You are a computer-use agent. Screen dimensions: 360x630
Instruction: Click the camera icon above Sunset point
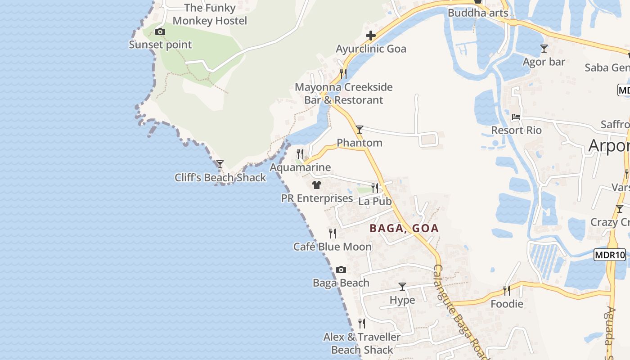coord(160,31)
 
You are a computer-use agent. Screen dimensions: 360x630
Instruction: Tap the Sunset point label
coord(160,45)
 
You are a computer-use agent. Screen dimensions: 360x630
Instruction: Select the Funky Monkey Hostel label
coord(210,14)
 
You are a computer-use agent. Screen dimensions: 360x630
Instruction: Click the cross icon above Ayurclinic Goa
coord(371,36)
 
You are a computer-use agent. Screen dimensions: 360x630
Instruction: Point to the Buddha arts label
coord(477,13)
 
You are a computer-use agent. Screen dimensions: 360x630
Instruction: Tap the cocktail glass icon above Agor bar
coord(544,49)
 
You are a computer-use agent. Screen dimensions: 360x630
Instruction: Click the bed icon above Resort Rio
coord(516,117)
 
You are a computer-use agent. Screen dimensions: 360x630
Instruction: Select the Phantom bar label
coord(360,143)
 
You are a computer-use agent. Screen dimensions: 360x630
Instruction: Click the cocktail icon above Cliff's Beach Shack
coord(220,164)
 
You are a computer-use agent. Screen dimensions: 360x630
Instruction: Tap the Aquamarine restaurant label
coord(300,167)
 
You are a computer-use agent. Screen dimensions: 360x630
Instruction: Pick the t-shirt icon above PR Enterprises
coord(317,185)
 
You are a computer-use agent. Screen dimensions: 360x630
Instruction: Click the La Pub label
coord(375,201)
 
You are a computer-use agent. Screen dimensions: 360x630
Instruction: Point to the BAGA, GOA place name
coord(404,228)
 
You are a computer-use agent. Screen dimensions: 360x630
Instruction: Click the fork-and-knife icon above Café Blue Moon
coord(333,233)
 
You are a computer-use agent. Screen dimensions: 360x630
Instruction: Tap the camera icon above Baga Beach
coord(341,270)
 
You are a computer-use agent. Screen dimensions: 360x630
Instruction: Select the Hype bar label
coord(402,300)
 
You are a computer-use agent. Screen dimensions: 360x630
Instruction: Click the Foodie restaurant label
coord(507,304)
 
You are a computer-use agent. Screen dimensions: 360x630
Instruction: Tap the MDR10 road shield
coord(610,255)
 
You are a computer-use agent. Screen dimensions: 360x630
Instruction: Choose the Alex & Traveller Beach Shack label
coord(362,343)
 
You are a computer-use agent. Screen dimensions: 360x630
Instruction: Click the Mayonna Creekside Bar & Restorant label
coord(344,94)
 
